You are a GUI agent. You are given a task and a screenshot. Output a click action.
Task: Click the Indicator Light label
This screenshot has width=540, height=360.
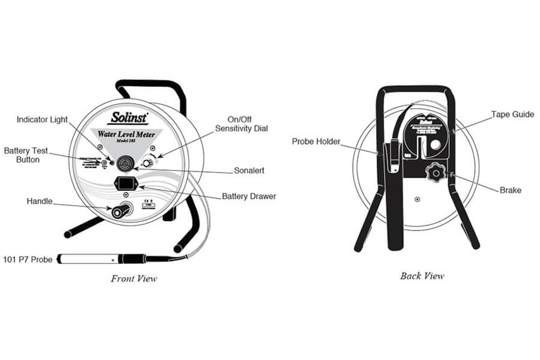pos(41,119)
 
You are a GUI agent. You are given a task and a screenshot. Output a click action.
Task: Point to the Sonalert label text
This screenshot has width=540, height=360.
pos(250,170)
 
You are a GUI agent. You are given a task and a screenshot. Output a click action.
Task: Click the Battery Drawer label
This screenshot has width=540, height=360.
pos(249,196)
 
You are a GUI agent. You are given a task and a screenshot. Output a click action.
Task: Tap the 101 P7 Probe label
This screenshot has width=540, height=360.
pos(29,260)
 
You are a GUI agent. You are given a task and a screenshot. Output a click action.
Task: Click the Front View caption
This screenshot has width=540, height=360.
pos(134,278)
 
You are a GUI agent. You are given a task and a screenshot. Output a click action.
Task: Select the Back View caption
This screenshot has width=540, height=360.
pos(422,276)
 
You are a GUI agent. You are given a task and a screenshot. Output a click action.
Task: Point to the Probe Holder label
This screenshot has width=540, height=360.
pos(316,142)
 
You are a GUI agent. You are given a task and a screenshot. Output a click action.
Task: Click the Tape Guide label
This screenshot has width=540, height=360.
pos(512,114)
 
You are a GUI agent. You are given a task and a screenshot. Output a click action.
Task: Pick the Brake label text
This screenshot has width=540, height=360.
pos(511,190)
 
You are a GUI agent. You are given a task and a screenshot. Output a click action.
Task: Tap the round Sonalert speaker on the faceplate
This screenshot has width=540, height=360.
pos(127,162)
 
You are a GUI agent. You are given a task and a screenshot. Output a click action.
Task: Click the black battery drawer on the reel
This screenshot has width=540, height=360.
pos(127,184)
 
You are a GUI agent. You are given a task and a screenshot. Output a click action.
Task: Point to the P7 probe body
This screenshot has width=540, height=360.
pos(90,260)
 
